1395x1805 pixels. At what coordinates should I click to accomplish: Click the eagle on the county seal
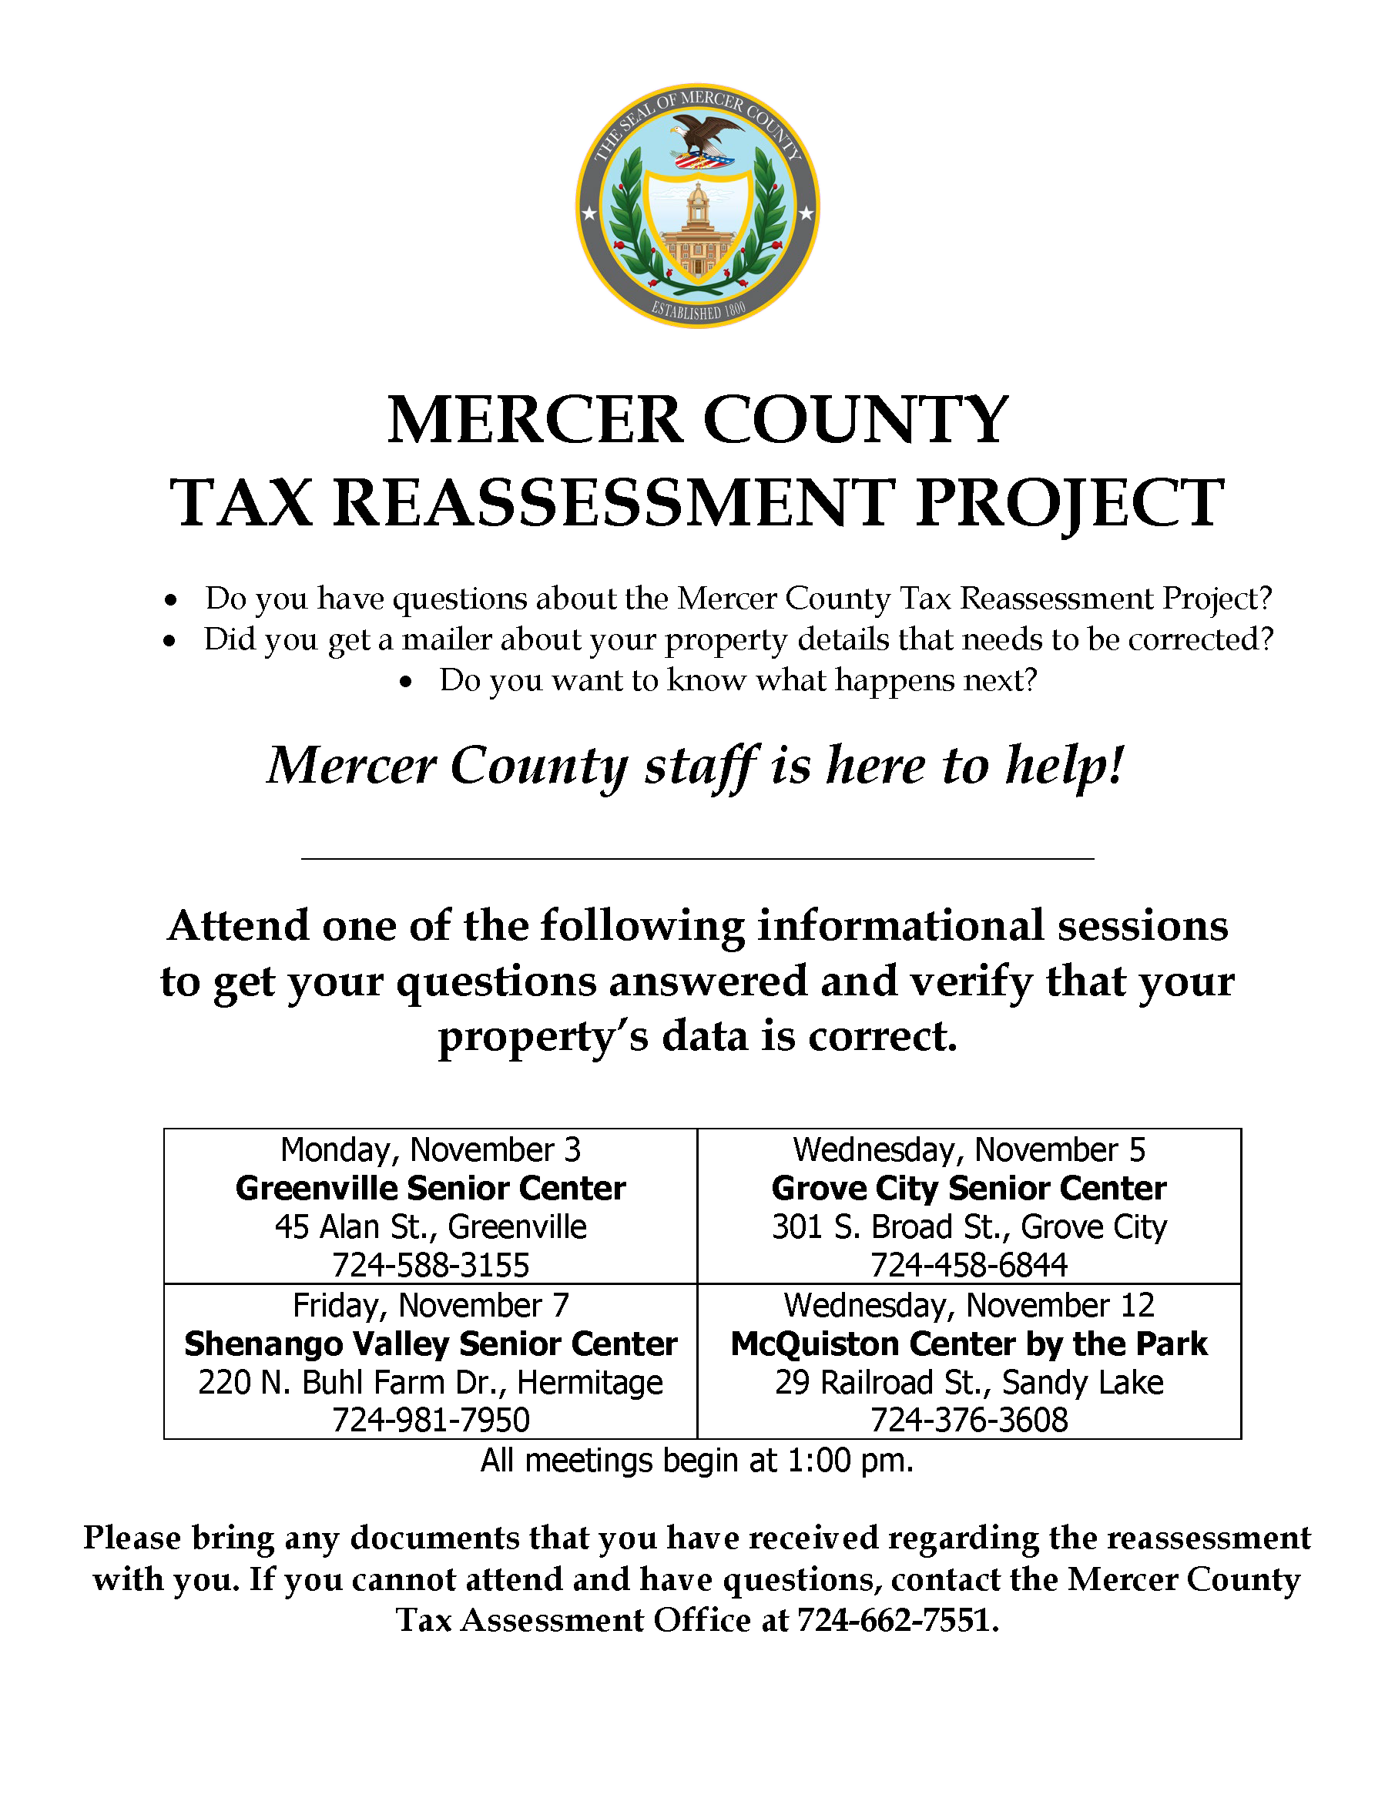[x=704, y=136]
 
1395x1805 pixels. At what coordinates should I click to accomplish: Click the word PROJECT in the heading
[x=1069, y=502]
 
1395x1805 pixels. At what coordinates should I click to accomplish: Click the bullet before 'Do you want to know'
[x=405, y=682]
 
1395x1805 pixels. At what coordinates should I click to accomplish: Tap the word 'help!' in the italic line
[x=1065, y=764]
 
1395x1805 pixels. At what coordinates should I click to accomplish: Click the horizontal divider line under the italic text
[x=698, y=859]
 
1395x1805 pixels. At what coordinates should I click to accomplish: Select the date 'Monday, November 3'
[x=431, y=1149]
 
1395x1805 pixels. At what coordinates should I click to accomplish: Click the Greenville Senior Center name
[x=431, y=1189]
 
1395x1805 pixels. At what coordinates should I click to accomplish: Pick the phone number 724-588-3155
[x=431, y=1264]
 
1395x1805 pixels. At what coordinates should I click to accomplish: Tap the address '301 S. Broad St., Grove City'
[x=969, y=1227]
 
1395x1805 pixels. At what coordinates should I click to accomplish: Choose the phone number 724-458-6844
[x=969, y=1264]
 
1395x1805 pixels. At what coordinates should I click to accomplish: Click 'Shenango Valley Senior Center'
[x=431, y=1344]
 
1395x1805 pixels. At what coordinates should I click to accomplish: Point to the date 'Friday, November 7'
[x=431, y=1305]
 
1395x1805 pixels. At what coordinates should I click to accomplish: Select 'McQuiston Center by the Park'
[x=969, y=1344]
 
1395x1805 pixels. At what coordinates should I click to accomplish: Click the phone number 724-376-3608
[x=969, y=1420]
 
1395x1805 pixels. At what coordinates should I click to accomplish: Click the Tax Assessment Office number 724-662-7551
[x=897, y=1620]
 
